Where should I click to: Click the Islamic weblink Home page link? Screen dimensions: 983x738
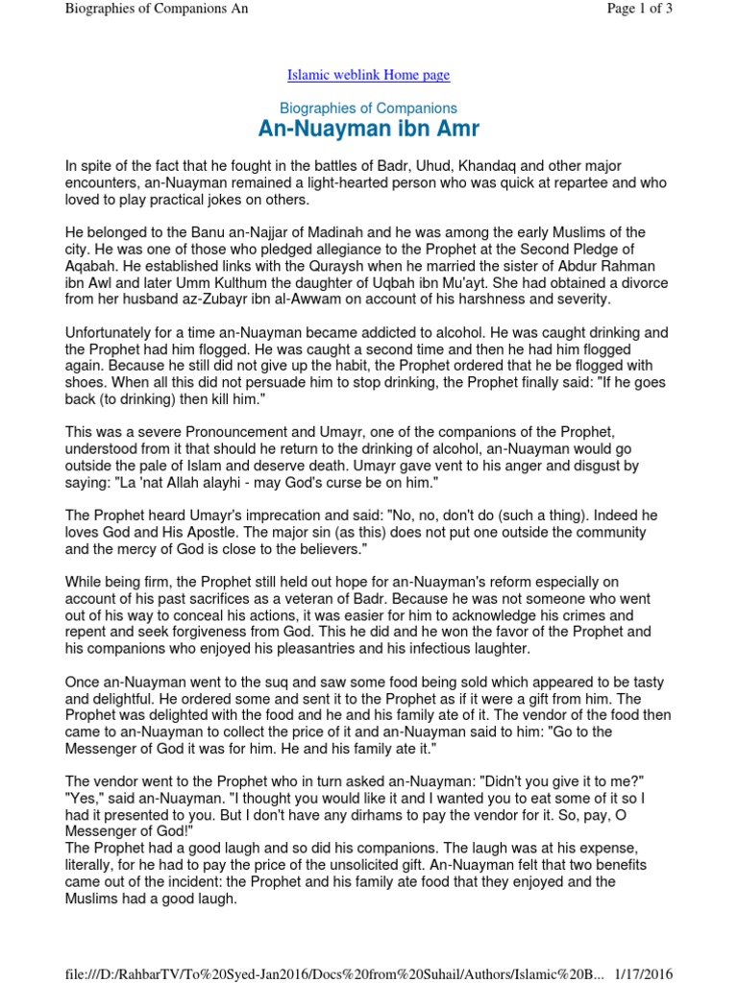369,75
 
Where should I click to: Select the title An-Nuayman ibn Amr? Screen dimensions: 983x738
369,130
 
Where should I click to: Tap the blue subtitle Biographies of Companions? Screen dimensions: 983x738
369,108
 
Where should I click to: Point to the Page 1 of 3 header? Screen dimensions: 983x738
639,9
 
